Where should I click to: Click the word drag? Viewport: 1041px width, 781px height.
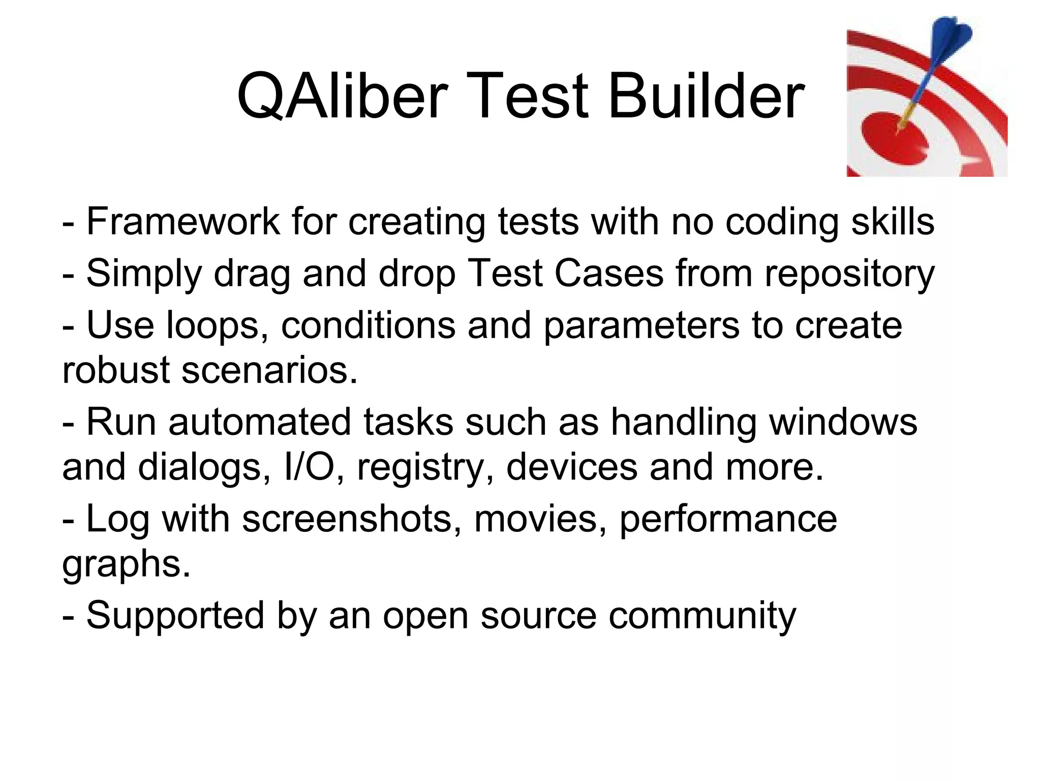pos(252,274)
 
